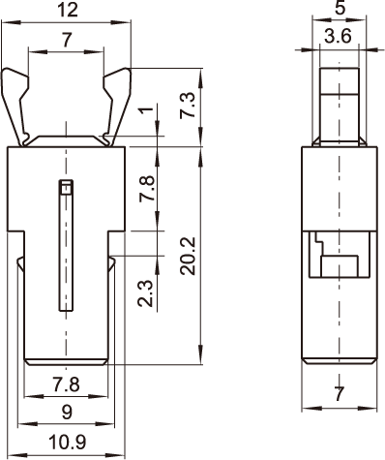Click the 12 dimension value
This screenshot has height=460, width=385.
tap(68, 10)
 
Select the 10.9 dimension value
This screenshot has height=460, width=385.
tap(68, 442)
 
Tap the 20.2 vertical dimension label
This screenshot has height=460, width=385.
tap(188, 256)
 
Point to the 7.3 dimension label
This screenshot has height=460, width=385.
tap(188, 106)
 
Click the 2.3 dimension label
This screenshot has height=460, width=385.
tap(145, 293)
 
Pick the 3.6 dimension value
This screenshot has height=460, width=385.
tap(338, 37)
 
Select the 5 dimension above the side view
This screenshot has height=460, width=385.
tap(340, 8)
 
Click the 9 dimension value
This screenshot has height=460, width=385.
tap(67, 412)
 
